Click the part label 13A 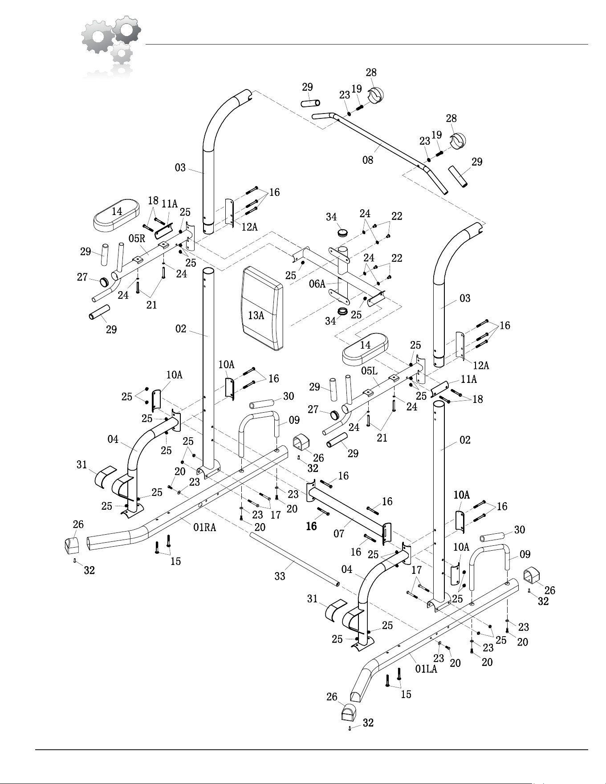tap(256, 315)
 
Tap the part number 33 tap(280, 576)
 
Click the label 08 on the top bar tap(368, 160)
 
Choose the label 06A tap(317, 284)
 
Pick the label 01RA tap(204, 528)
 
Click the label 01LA tap(426, 669)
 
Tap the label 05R tap(137, 238)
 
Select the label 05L tap(370, 370)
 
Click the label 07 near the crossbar tap(339, 533)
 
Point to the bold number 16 tap(311, 526)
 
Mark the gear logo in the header tap(111, 45)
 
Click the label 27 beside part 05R tap(82, 277)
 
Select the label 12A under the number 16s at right tap(481, 366)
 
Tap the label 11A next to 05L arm tap(468, 379)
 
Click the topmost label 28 tap(371, 72)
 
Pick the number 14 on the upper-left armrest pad tap(117, 211)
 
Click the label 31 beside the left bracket tap(81, 465)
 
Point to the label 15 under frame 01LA tap(406, 694)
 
